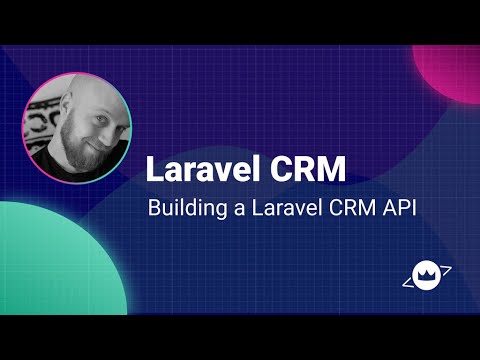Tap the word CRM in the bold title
(x=309, y=168)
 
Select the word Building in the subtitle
(x=180, y=209)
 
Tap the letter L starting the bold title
(x=154, y=168)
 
